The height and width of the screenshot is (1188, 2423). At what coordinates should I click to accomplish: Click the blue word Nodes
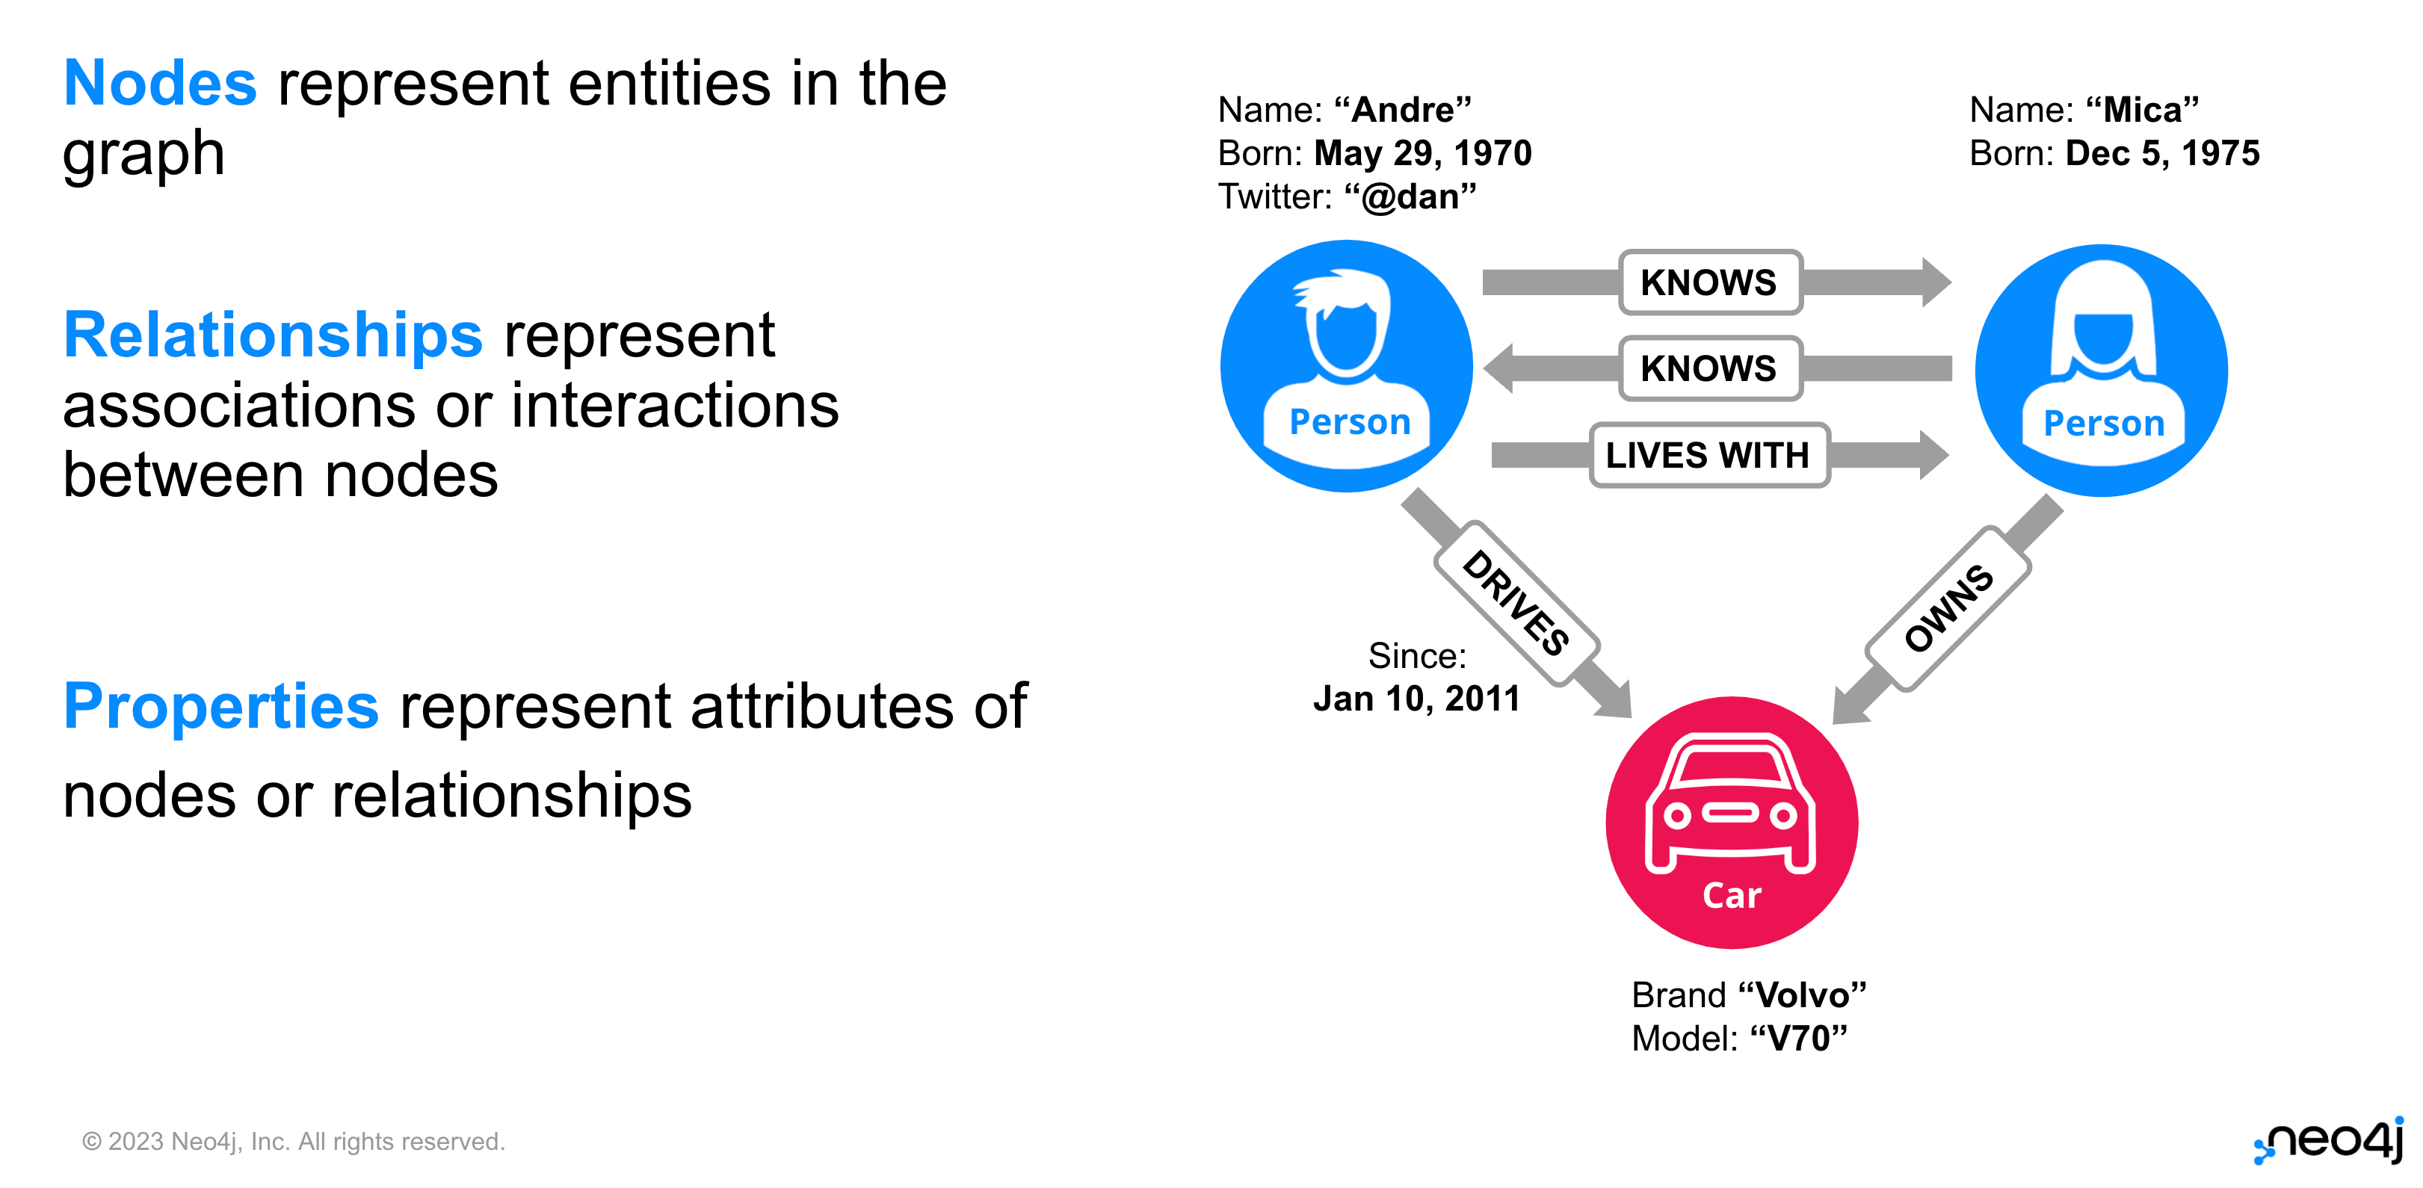[160, 83]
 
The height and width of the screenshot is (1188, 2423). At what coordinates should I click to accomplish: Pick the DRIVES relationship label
[1516, 603]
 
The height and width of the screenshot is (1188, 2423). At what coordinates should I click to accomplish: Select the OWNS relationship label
[1948, 609]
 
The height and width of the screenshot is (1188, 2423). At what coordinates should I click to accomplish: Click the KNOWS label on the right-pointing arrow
[1709, 282]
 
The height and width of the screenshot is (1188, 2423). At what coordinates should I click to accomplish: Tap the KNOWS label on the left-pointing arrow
[1709, 368]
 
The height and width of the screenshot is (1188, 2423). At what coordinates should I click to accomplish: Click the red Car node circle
[1732, 822]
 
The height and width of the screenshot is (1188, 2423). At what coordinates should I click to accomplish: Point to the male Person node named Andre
[1346, 366]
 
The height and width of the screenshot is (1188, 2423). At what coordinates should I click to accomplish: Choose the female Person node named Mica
[2102, 371]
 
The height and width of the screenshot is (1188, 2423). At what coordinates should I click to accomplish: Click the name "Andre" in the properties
[1402, 110]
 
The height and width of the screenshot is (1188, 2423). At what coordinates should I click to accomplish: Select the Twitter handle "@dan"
[1410, 197]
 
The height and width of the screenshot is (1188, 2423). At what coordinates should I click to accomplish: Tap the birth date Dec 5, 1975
[2162, 153]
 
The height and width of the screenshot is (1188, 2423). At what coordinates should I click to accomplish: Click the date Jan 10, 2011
[1416, 699]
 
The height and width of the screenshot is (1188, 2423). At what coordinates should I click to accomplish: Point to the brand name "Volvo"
[1802, 994]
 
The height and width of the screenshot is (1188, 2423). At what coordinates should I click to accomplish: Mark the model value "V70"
[1798, 1039]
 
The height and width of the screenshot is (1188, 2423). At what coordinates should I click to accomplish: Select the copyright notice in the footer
[294, 1142]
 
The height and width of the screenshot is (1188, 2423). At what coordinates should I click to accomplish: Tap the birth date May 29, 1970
[1423, 153]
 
